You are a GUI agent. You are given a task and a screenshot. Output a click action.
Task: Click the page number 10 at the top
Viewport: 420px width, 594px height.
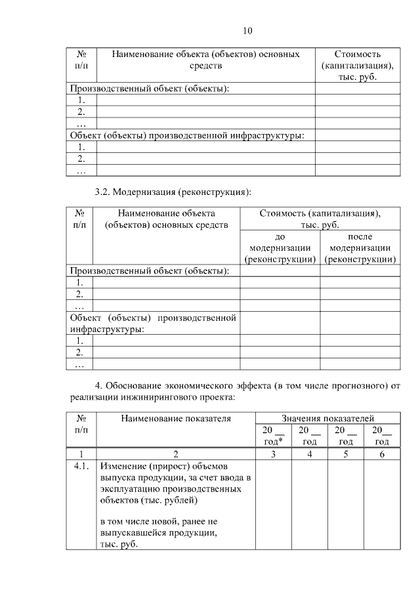(x=247, y=31)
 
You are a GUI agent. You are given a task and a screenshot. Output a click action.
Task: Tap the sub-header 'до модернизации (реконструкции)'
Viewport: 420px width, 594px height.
(x=280, y=248)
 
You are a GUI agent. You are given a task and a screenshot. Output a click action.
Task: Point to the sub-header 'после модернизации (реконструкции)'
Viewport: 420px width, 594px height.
(x=360, y=248)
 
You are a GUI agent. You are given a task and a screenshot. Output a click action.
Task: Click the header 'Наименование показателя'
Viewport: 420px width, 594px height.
(x=175, y=417)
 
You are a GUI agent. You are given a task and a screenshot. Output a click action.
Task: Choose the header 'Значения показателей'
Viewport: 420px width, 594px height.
(x=327, y=417)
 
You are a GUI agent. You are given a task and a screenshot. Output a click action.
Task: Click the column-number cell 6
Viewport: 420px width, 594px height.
(x=381, y=454)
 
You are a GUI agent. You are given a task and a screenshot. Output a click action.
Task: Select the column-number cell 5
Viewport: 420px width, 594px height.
(x=345, y=454)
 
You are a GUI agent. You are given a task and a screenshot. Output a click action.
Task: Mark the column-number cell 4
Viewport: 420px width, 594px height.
(x=309, y=454)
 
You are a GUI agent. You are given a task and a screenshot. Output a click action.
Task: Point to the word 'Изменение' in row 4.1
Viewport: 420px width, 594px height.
(x=123, y=466)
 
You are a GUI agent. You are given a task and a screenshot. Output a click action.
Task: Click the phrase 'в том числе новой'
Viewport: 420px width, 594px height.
(x=137, y=520)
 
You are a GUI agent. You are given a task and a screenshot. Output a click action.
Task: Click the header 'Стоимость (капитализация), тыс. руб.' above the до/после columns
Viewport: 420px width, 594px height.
(x=320, y=219)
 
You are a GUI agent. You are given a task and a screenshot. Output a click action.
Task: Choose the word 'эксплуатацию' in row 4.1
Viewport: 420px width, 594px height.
(x=131, y=489)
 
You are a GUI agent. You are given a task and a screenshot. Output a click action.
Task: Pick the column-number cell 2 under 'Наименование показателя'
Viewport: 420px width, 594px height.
(x=175, y=454)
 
